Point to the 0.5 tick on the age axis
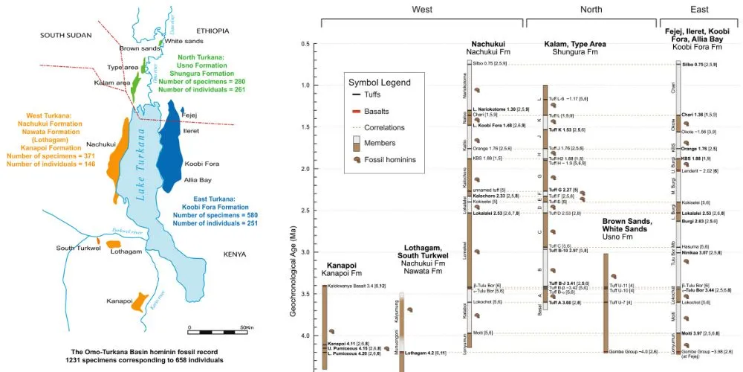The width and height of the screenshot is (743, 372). tap(304, 44)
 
